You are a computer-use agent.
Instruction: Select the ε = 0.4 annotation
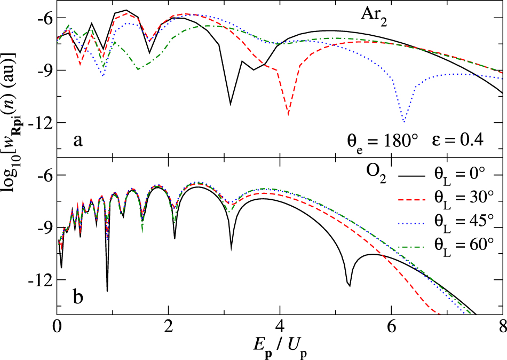point(457,139)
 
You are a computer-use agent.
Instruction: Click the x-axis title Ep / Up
point(280,346)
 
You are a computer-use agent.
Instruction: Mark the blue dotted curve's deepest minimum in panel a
point(403,122)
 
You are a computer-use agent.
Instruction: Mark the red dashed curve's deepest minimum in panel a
point(288,114)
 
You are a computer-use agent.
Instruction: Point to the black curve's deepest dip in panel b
point(107,291)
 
